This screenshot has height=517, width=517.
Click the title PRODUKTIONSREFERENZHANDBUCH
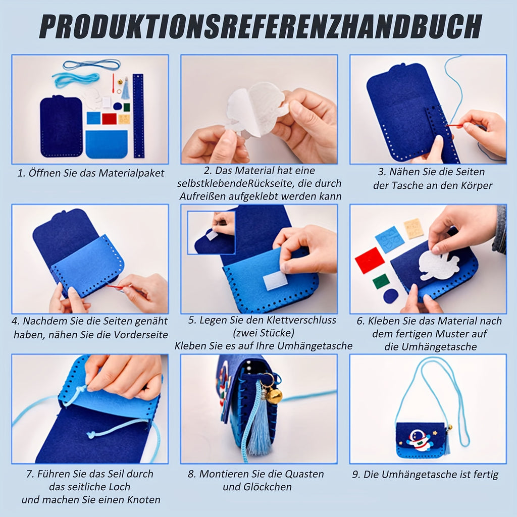point(261,27)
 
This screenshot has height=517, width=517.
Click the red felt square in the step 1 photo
point(109,119)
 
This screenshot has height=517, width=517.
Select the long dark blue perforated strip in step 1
point(138,116)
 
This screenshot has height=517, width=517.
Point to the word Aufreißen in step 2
point(202,196)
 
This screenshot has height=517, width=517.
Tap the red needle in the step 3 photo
point(456,125)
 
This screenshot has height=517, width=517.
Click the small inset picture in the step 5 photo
point(212,232)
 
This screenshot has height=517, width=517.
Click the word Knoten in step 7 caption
point(144,500)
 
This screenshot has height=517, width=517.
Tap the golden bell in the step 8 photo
point(274,395)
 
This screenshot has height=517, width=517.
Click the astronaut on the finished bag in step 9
point(418,440)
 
